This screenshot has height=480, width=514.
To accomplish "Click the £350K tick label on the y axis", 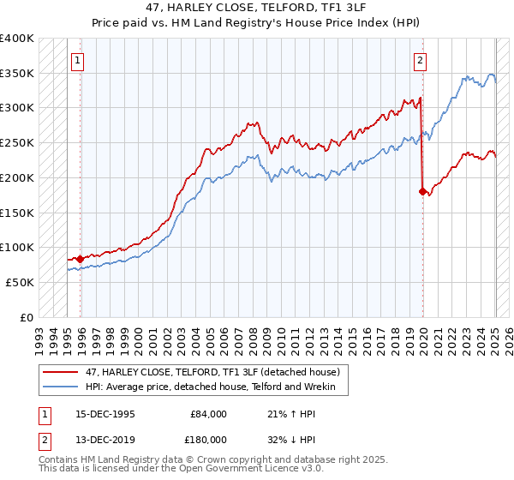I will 17,74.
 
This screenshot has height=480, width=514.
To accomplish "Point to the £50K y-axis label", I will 20,282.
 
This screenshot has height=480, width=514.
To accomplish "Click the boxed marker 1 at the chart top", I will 78,60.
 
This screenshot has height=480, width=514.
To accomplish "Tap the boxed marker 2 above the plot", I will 421,60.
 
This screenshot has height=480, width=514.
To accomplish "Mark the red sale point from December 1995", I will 80,258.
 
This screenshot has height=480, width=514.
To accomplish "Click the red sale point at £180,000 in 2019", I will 422,192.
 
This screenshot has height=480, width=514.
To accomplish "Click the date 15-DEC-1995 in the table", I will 105,413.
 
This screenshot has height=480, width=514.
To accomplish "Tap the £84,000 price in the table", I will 208,413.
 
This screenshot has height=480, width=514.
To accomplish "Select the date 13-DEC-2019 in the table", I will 105,439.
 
